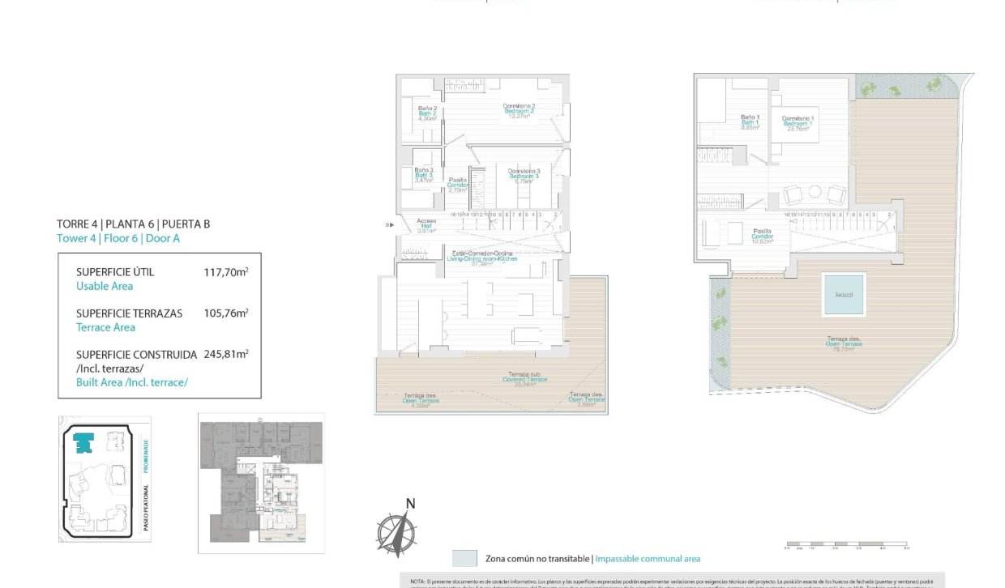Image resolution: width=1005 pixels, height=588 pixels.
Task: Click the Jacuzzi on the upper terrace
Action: pos(843,295)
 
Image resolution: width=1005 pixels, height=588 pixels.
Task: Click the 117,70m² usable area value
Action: pos(225,273)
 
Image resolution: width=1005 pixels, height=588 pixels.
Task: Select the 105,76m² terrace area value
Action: pos(225,313)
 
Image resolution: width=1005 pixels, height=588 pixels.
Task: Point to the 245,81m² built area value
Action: pos(225,354)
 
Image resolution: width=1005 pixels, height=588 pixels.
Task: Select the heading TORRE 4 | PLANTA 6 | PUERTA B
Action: pos(134,224)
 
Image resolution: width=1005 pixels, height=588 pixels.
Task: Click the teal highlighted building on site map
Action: pos(83,442)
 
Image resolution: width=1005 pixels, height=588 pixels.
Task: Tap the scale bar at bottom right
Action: pos(847,544)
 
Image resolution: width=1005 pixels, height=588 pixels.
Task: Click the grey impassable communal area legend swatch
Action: pos(464,558)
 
